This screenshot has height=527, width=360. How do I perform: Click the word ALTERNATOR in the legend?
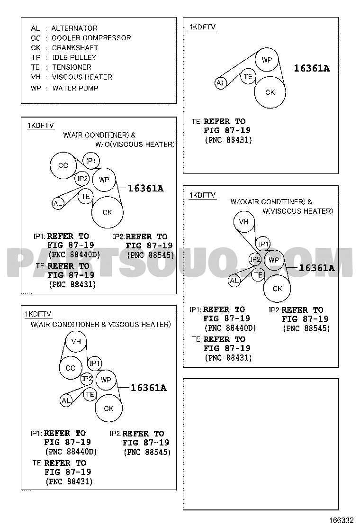tap(74, 28)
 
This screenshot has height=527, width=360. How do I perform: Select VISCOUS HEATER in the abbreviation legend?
tap(82, 77)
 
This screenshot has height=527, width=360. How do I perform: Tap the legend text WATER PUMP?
tap(75, 88)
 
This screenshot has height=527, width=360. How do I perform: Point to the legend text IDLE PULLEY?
tap(74, 57)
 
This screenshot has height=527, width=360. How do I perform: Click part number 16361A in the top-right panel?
tap(312, 69)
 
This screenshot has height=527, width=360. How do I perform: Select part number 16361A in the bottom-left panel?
tap(148, 388)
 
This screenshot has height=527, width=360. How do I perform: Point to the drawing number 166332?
tap(342, 520)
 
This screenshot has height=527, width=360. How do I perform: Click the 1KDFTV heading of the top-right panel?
tap(203, 27)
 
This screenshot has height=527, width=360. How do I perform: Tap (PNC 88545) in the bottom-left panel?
tap(147, 452)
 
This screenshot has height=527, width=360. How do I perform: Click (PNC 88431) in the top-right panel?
tap(228, 140)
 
